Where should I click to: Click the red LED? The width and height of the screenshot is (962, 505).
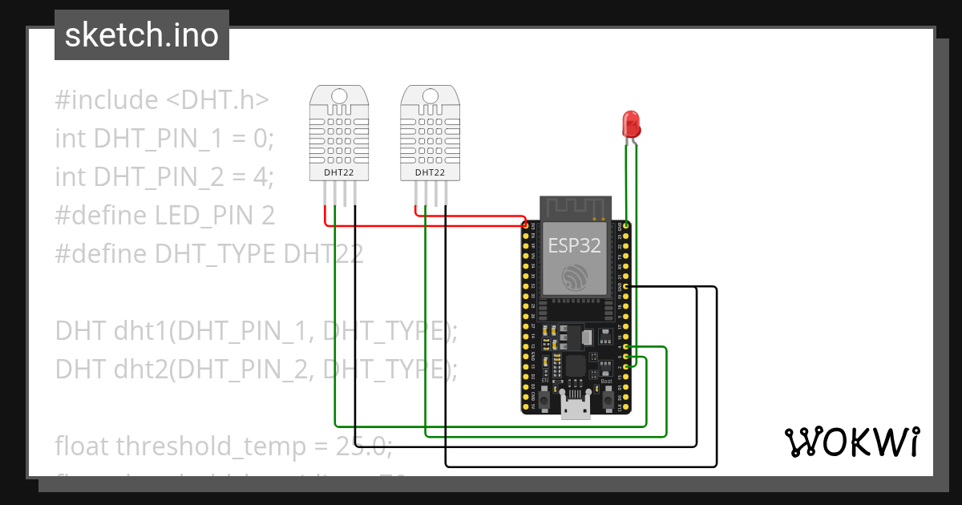632,124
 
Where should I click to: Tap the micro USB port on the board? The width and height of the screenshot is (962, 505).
575,412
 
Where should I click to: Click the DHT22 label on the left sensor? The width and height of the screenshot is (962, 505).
339,172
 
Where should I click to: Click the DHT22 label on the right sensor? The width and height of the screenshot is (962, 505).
430,172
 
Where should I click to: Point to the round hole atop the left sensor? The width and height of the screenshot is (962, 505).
339,96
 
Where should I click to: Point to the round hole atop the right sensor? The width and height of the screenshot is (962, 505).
430,96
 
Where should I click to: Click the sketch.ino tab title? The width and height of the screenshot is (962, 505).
142,35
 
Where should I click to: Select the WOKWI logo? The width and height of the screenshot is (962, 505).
851,442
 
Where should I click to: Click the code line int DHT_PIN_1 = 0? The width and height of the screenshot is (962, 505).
164,138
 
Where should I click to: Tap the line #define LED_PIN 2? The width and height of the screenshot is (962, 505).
164,215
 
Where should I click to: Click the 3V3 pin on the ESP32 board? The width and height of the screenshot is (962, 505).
526,227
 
